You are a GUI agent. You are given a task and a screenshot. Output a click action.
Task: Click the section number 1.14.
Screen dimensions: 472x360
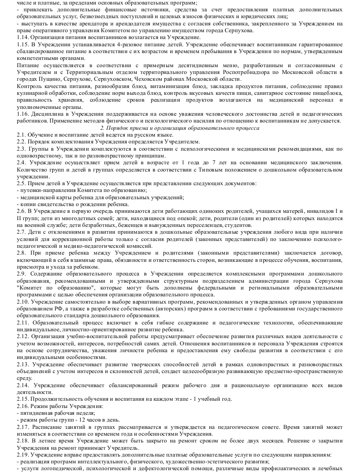(x=22, y=37)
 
